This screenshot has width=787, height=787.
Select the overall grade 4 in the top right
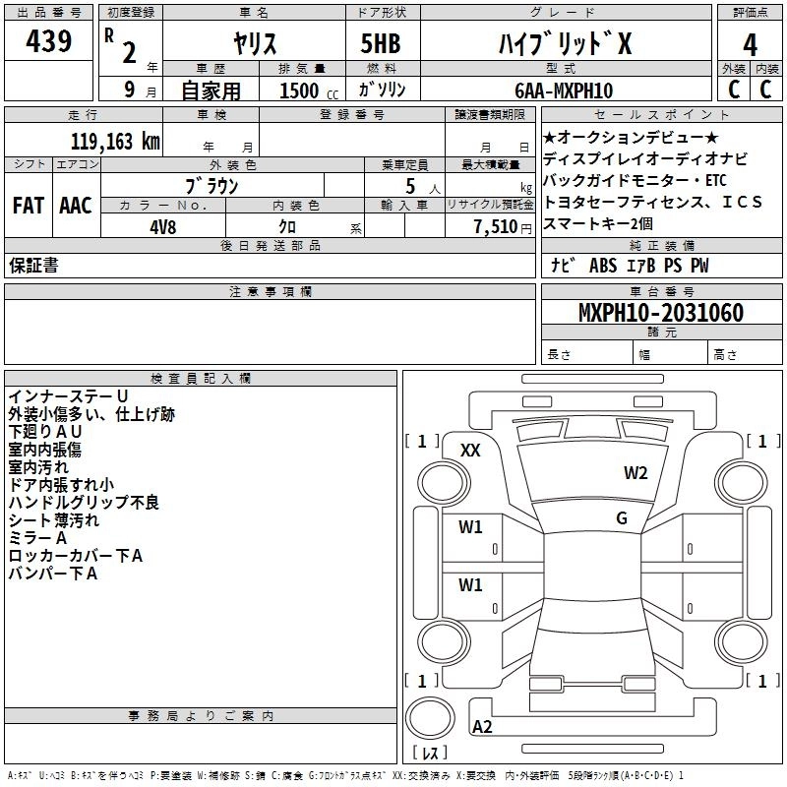coord(751,44)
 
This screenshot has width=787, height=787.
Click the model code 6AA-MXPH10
coord(564,91)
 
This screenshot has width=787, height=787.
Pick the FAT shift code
coord(29,206)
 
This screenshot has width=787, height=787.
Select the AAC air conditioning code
coord(76,206)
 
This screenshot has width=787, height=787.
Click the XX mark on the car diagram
coord(470,450)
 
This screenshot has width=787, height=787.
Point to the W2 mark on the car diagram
coord(636,473)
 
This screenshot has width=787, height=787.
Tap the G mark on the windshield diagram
coord(622,517)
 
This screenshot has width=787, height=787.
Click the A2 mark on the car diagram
coord(482,726)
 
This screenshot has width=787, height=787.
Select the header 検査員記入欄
coord(201,379)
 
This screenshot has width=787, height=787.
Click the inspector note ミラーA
coord(37,538)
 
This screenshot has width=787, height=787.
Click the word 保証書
coord(33,266)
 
